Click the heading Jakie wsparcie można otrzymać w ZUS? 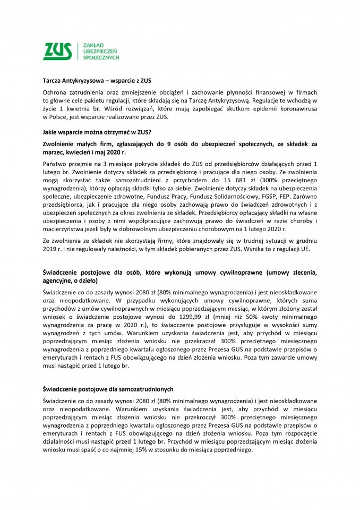tap(92, 133)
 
